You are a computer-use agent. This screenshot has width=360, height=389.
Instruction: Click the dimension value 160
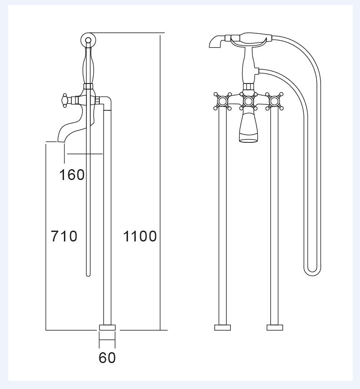click(72, 175)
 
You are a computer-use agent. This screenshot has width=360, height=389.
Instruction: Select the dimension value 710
click(64, 236)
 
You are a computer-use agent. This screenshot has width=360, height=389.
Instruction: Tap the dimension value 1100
click(140, 236)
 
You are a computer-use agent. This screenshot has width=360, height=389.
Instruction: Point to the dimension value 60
click(107, 358)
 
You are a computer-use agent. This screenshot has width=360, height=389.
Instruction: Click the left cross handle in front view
click(223, 102)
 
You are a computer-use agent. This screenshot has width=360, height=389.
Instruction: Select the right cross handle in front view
click(274, 102)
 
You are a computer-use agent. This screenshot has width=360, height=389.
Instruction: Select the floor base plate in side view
click(107, 328)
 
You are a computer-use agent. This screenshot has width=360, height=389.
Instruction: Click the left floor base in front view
click(223, 327)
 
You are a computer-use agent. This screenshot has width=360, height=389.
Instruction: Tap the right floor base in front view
click(274, 327)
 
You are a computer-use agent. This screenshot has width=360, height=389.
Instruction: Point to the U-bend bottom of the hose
click(312, 272)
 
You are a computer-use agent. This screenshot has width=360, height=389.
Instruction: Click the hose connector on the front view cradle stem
click(256, 71)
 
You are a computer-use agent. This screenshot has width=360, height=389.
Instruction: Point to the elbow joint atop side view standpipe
click(107, 103)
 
